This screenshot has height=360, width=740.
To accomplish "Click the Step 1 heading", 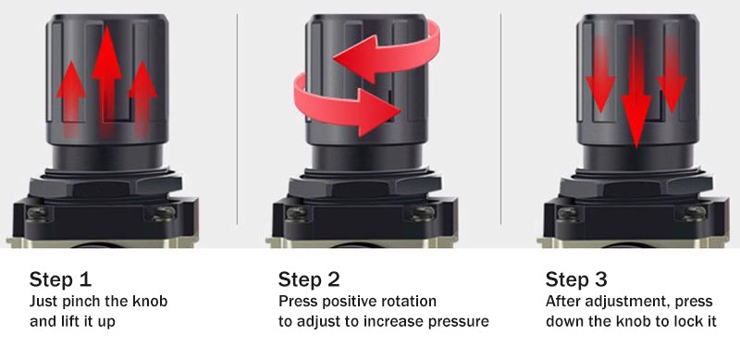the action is pos(60,279).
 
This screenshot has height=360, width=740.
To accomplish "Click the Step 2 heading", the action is pos(309,279).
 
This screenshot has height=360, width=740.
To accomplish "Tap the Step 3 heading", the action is pos(576,279).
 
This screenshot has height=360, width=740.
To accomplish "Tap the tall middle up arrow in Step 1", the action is pos(107,81).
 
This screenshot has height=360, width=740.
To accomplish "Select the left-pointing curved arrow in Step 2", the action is pos(388,52).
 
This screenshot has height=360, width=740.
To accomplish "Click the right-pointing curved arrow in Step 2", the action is pos(347,104).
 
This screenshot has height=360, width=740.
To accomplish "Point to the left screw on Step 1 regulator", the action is pos(36,214).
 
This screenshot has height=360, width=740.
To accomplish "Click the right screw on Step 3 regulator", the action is pos(695,214).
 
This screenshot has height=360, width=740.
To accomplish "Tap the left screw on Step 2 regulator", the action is pos(296,214).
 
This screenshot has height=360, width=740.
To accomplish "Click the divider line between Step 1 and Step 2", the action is pos(237,118).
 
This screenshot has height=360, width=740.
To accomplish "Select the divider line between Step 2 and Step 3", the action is pos(500,118).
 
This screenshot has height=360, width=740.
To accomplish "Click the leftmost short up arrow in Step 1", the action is pos(71,99).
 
